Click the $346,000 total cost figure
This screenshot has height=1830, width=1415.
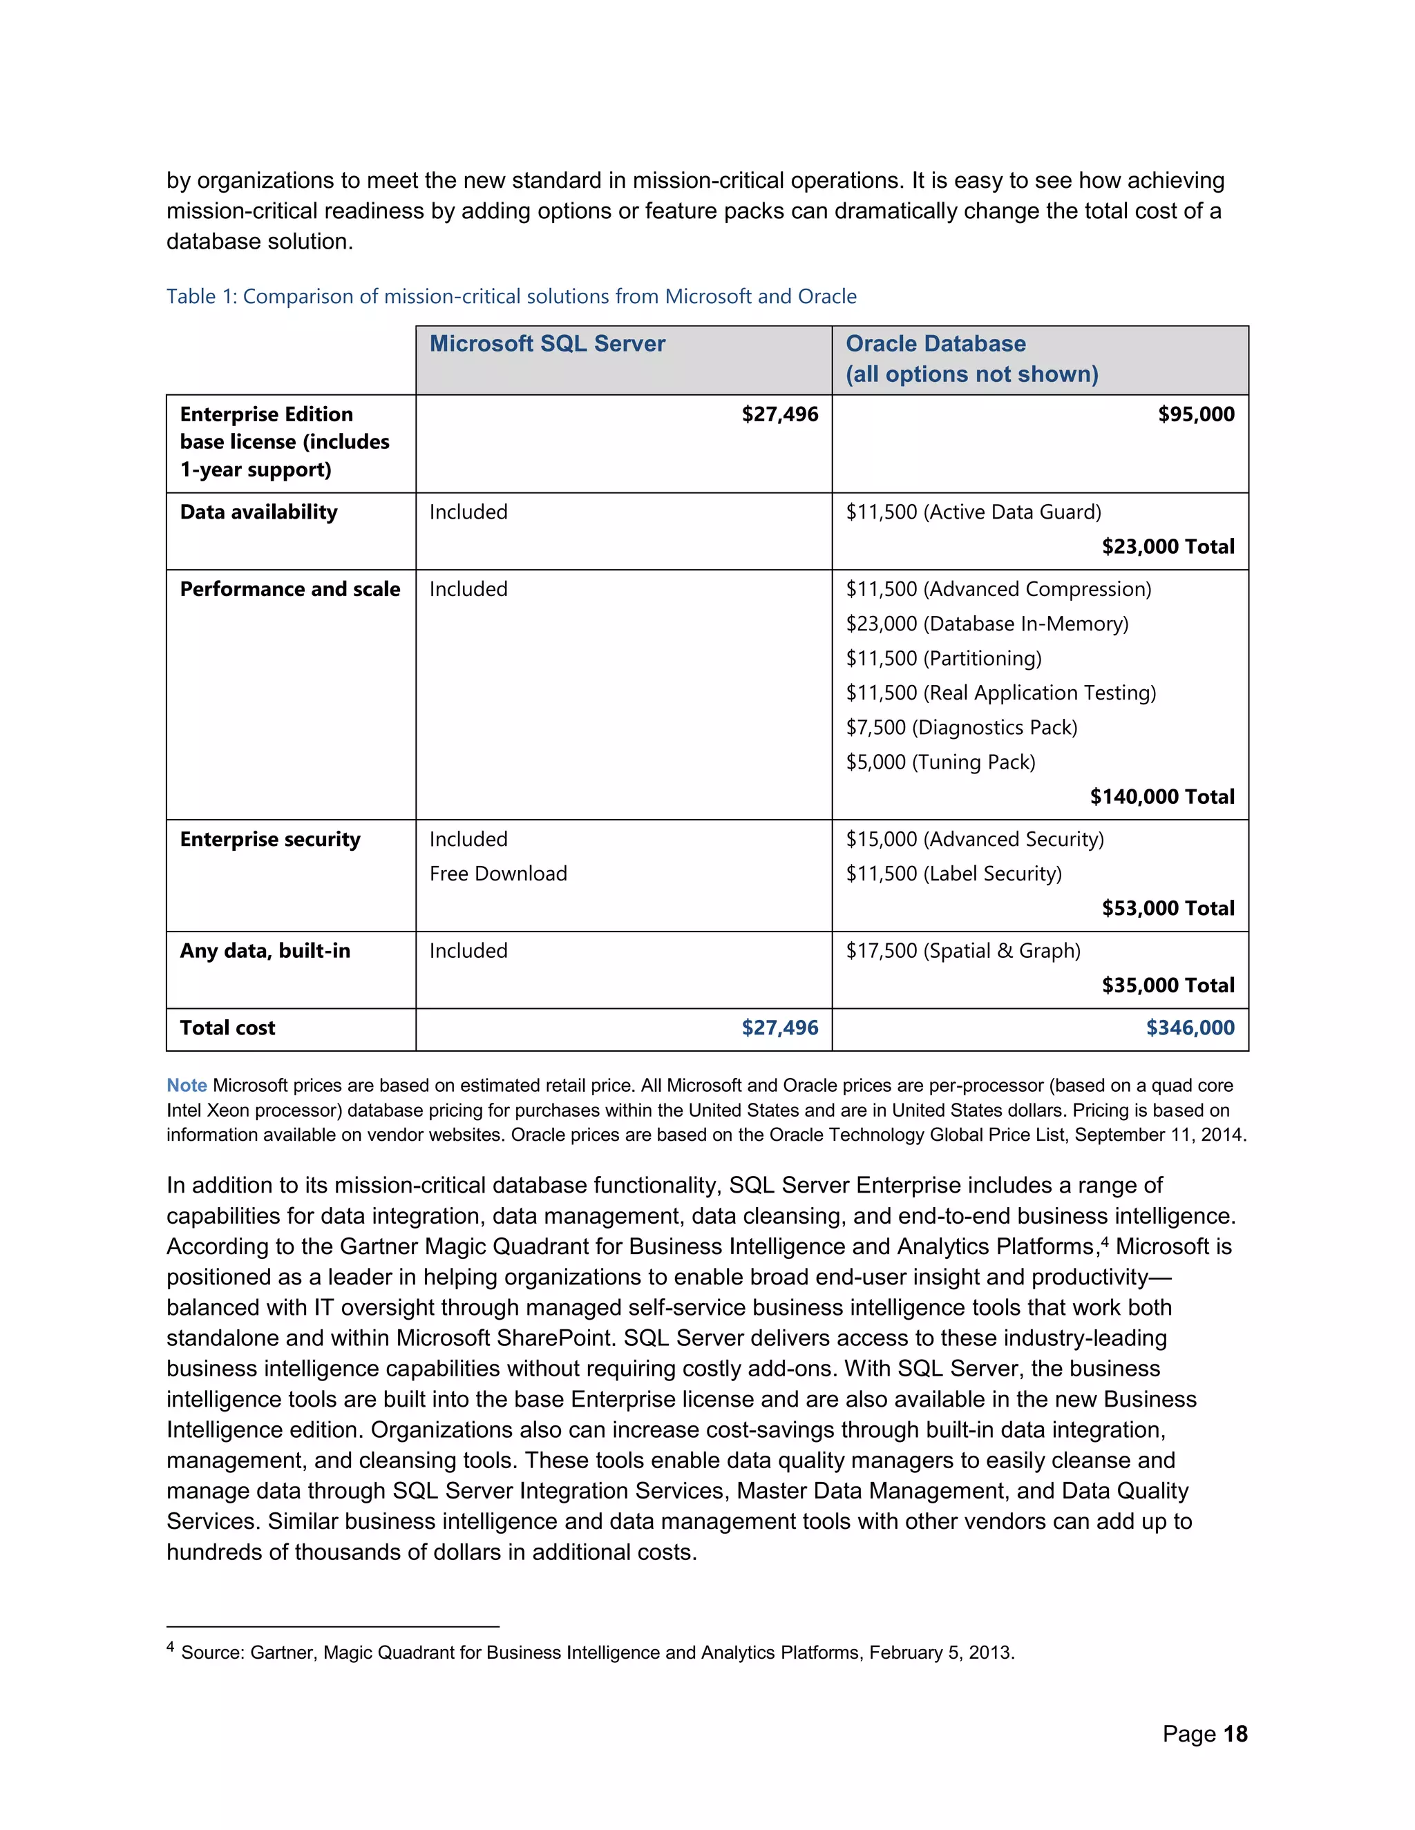(1190, 1028)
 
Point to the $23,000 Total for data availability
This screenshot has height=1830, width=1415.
(1168, 546)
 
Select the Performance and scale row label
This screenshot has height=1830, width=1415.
(289, 589)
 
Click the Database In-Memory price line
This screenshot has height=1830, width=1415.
(987, 624)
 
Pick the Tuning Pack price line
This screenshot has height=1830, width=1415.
(940, 762)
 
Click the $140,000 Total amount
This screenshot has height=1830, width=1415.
(1162, 796)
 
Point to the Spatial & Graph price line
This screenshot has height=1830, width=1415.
(962, 950)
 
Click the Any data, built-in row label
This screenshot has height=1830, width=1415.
(265, 950)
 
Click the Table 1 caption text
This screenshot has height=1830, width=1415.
(511, 297)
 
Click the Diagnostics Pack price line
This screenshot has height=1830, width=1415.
(960, 727)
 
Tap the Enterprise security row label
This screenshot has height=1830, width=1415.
(270, 839)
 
